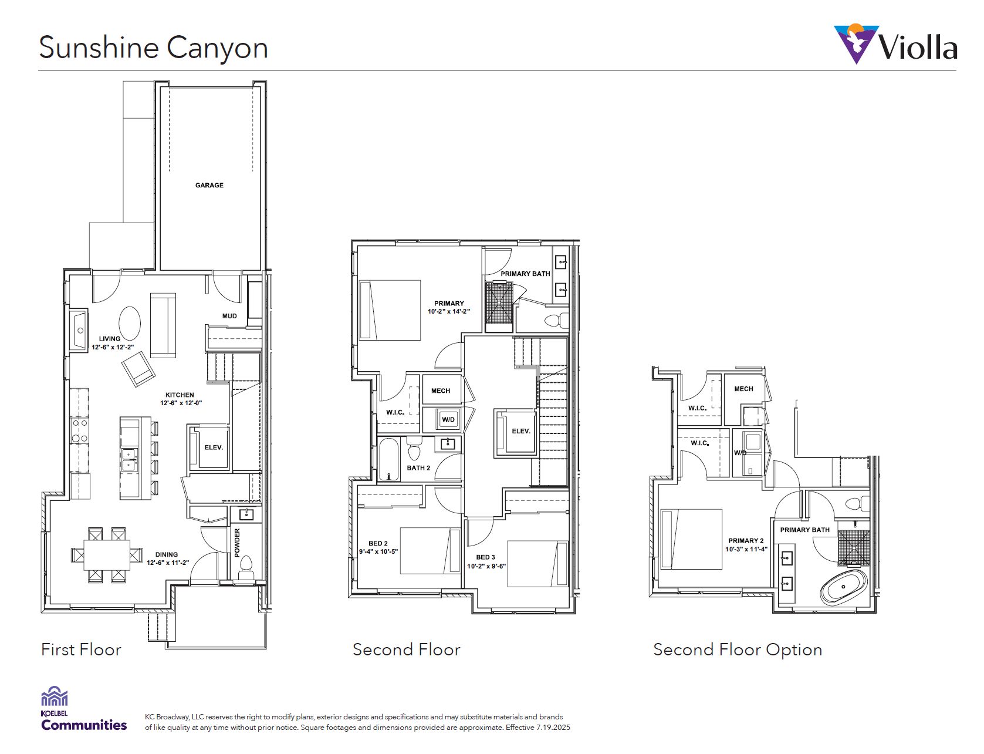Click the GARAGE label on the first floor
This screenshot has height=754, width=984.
click(209, 185)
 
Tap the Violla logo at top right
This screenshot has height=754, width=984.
click(895, 45)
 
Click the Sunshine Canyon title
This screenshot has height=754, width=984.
click(153, 48)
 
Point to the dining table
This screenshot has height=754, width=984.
click(107, 555)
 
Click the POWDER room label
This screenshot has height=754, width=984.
click(238, 543)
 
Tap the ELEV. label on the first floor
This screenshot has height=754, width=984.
click(214, 447)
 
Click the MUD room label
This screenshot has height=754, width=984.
click(229, 316)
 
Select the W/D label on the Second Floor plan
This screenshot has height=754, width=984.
click(448, 420)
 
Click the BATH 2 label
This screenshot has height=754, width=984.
click(418, 468)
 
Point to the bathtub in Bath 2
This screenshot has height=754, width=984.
click(388, 460)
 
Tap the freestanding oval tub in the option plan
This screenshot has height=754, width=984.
click(844, 587)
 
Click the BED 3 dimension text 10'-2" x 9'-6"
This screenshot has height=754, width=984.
click(486, 567)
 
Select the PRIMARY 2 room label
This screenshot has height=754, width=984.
click(746, 541)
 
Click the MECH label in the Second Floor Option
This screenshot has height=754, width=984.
click(743, 389)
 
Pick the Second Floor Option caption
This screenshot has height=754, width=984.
click(738, 650)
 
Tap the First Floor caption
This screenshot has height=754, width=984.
click(81, 650)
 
